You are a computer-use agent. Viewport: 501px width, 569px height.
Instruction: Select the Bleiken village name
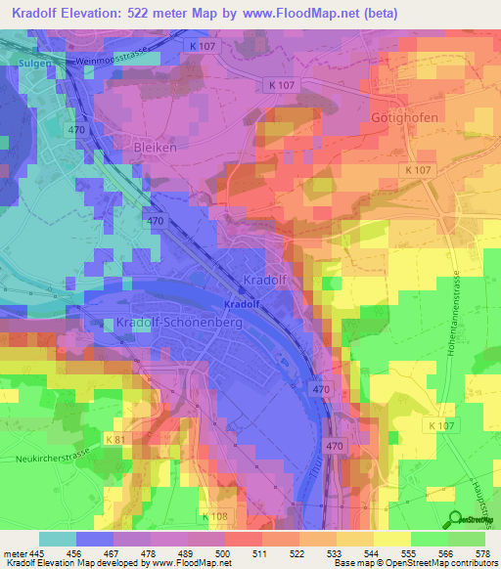[x=152, y=148]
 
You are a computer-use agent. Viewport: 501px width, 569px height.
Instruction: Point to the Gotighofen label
[x=403, y=116]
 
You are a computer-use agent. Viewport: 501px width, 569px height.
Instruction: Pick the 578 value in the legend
[x=484, y=552]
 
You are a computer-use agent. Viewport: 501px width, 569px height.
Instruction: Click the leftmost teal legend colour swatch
[x=58, y=539]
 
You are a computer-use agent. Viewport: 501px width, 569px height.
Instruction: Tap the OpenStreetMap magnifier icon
[x=454, y=518]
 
